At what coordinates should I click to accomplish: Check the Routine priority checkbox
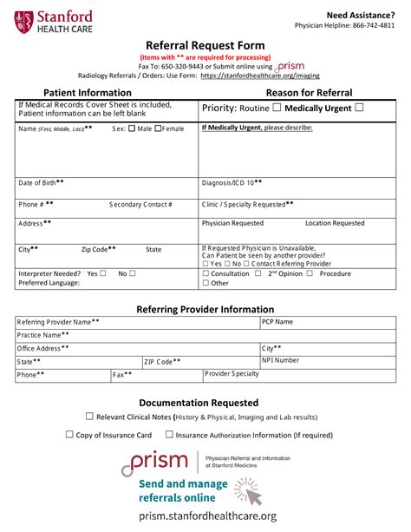277,108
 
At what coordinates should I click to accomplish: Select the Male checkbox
132,129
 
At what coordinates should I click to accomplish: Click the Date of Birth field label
41,183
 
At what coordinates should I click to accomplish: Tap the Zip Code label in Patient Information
99,249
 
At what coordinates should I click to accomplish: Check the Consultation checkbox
205,273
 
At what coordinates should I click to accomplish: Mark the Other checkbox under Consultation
205,283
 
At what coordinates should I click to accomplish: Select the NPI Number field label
281,359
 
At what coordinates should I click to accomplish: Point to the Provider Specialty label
232,374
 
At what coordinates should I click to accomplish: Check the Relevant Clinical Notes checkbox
89,417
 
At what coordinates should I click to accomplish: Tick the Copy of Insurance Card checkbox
69,435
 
